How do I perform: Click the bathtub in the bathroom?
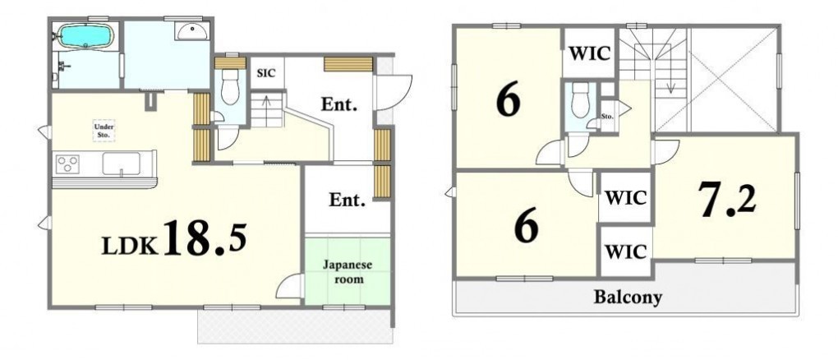tap(85, 36)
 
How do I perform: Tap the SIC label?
tap(266, 73)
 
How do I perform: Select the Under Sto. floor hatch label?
tap(104, 131)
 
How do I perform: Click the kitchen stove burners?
tap(68, 164)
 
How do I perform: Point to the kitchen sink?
tap(122, 164)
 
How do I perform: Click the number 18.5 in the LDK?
tap(205, 237)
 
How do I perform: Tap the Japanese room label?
tap(347, 272)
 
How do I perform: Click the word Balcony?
tap(628, 297)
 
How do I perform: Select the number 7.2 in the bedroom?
tap(727, 198)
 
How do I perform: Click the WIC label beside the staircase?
tap(590, 53)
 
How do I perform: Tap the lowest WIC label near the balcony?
tap(626, 252)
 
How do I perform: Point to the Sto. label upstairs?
tap(606, 116)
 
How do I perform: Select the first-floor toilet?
tap(231, 86)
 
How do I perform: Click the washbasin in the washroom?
tap(193, 31)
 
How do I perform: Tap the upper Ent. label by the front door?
tap(338, 105)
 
